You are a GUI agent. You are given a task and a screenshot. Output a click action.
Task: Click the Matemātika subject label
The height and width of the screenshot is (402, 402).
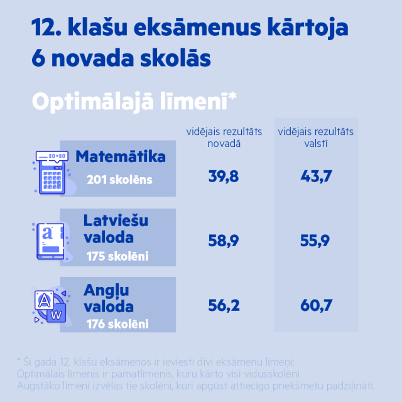[121, 156]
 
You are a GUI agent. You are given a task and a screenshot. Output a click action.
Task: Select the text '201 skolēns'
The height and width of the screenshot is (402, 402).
[120, 180]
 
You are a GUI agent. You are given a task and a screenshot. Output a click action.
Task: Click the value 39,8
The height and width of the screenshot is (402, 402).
[224, 177]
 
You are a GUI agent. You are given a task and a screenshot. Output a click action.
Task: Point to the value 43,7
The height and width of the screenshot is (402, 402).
[316, 177]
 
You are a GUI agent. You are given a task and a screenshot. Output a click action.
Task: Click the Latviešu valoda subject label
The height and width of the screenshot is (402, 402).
[109, 229]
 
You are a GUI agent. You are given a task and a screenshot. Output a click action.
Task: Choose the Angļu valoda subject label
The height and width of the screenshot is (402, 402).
[109, 298]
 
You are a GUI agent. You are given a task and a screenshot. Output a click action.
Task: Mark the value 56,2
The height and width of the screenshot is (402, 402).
[224, 306]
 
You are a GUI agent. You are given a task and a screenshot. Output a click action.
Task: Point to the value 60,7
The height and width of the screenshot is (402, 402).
[316, 306]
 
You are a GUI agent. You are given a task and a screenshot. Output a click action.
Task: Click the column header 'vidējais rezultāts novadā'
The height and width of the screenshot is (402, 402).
[224, 137]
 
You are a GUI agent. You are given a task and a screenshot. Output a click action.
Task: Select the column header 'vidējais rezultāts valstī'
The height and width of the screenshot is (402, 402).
[316, 137]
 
